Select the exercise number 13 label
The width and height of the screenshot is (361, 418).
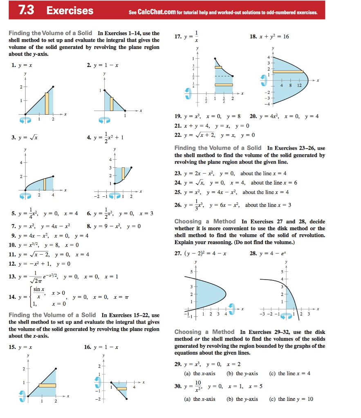pyautogui.click(x=14, y=276)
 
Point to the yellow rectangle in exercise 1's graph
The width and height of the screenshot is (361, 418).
pyautogui.click(x=47, y=103)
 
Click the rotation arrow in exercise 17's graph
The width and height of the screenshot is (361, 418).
pyautogui.click(x=188, y=93)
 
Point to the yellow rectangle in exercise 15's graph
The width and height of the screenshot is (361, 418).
pyautogui.click(x=47, y=385)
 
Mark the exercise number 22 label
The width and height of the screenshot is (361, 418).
pyautogui.click(x=178, y=135)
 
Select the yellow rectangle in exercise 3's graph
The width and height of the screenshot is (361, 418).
pyautogui.click(x=45, y=185)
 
